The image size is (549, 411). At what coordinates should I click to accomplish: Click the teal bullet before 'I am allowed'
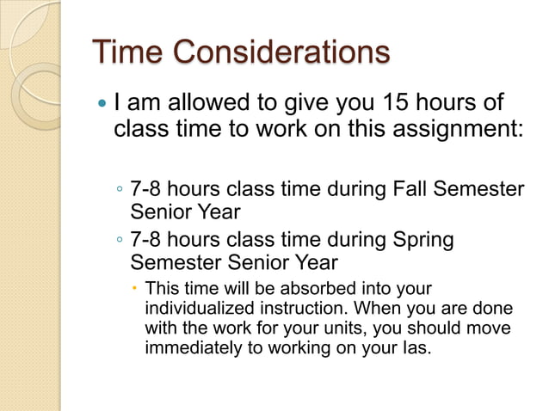pyautogui.click(x=103, y=105)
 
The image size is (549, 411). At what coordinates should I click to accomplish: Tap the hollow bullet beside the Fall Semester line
pyautogui.click(x=120, y=189)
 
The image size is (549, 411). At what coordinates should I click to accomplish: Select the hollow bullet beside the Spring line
pyautogui.click(x=120, y=240)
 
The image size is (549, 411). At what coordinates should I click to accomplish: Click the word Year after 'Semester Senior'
pyautogui.click(x=315, y=261)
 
